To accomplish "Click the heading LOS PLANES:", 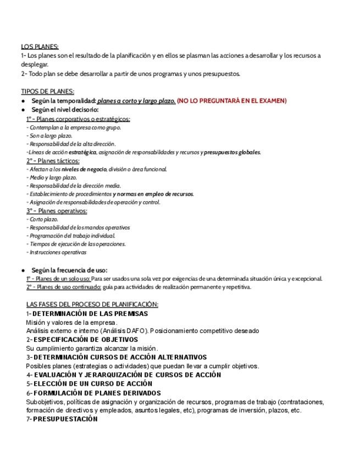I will pyautogui.click(x=40, y=47).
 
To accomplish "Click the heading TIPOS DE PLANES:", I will pyautogui.click(x=47, y=92).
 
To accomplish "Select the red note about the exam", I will pyautogui.click(x=232, y=101).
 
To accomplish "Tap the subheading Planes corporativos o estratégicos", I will pyautogui.click(x=78, y=119).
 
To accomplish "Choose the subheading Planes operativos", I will pyautogui.click(x=57, y=210).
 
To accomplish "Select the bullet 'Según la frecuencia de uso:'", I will pyautogui.click(x=69, y=270).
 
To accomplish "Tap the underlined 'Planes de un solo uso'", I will pyautogui.click(x=58, y=279).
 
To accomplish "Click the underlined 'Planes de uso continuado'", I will pyautogui.click(x=63, y=287).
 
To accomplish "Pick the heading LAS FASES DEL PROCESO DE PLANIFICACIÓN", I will pyautogui.click(x=92, y=304).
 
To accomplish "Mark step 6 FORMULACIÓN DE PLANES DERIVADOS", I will pyautogui.click(x=93, y=393).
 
